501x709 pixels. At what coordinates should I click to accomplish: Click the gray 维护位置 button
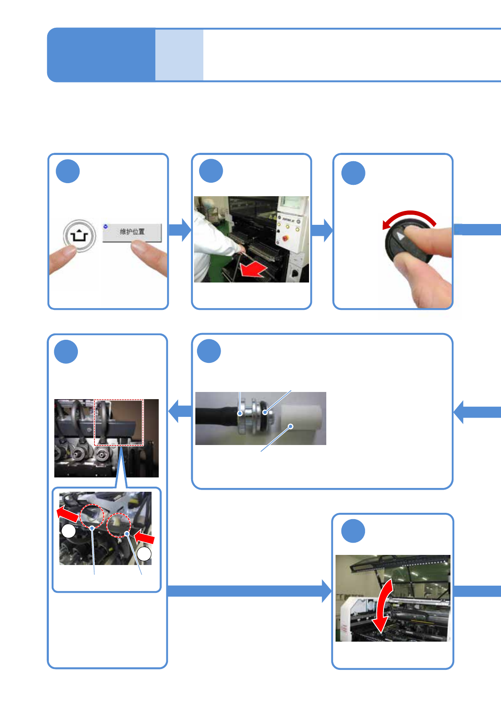point(132,232)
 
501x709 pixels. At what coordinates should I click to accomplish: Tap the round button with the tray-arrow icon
point(79,235)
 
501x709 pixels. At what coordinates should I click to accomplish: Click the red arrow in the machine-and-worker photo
point(253,269)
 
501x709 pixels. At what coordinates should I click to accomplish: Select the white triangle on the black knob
point(400,236)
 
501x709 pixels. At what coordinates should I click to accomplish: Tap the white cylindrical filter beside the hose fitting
point(301,418)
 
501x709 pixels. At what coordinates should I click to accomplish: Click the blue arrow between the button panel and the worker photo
point(180,230)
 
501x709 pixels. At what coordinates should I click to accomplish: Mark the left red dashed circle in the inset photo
point(92,516)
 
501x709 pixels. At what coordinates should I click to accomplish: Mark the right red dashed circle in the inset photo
point(119,525)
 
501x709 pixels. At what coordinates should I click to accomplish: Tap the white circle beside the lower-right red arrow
point(144,554)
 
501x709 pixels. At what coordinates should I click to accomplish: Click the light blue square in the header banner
point(179,55)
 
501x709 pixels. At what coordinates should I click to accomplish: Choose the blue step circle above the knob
point(353,173)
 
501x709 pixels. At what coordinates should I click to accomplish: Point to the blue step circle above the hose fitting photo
point(209,351)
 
